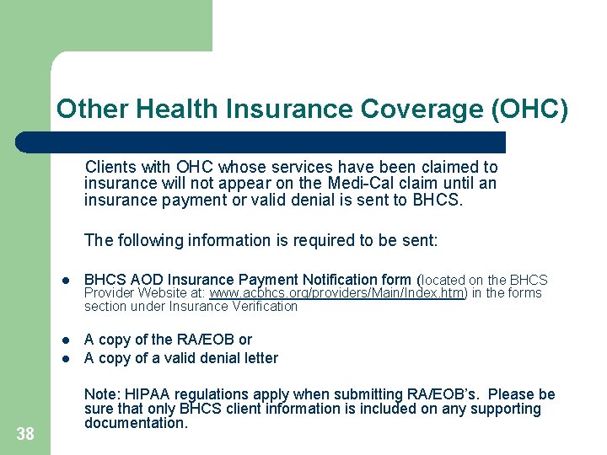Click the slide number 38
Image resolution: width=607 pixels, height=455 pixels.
click(25, 434)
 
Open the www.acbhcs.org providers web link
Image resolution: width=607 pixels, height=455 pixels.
click(336, 293)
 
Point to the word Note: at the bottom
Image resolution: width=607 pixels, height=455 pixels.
click(103, 394)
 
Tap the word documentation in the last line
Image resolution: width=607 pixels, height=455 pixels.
click(136, 423)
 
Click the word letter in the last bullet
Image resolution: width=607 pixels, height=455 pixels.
click(259, 358)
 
